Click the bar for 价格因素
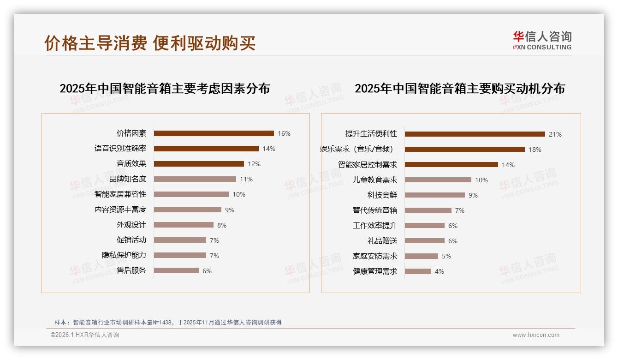[x=214, y=133]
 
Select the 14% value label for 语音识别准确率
[x=269, y=149]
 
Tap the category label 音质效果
[x=131, y=164]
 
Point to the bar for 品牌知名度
[x=195, y=179]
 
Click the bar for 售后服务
[x=176, y=270]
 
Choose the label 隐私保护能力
[x=124, y=255]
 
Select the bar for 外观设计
[x=184, y=225]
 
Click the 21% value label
[x=555, y=134]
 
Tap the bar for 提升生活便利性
[x=475, y=134]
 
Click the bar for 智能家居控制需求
[x=451, y=165]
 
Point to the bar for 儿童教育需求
[x=438, y=180]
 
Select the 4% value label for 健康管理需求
[x=440, y=271]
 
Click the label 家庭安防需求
[x=374, y=256]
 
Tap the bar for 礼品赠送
[x=424, y=241]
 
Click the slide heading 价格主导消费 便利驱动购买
[x=150, y=43]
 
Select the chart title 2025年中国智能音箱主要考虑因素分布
[x=165, y=89]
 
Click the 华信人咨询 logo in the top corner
[x=542, y=41]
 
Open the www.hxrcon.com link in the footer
[x=536, y=335]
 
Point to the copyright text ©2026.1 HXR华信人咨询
[x=85, y=335]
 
